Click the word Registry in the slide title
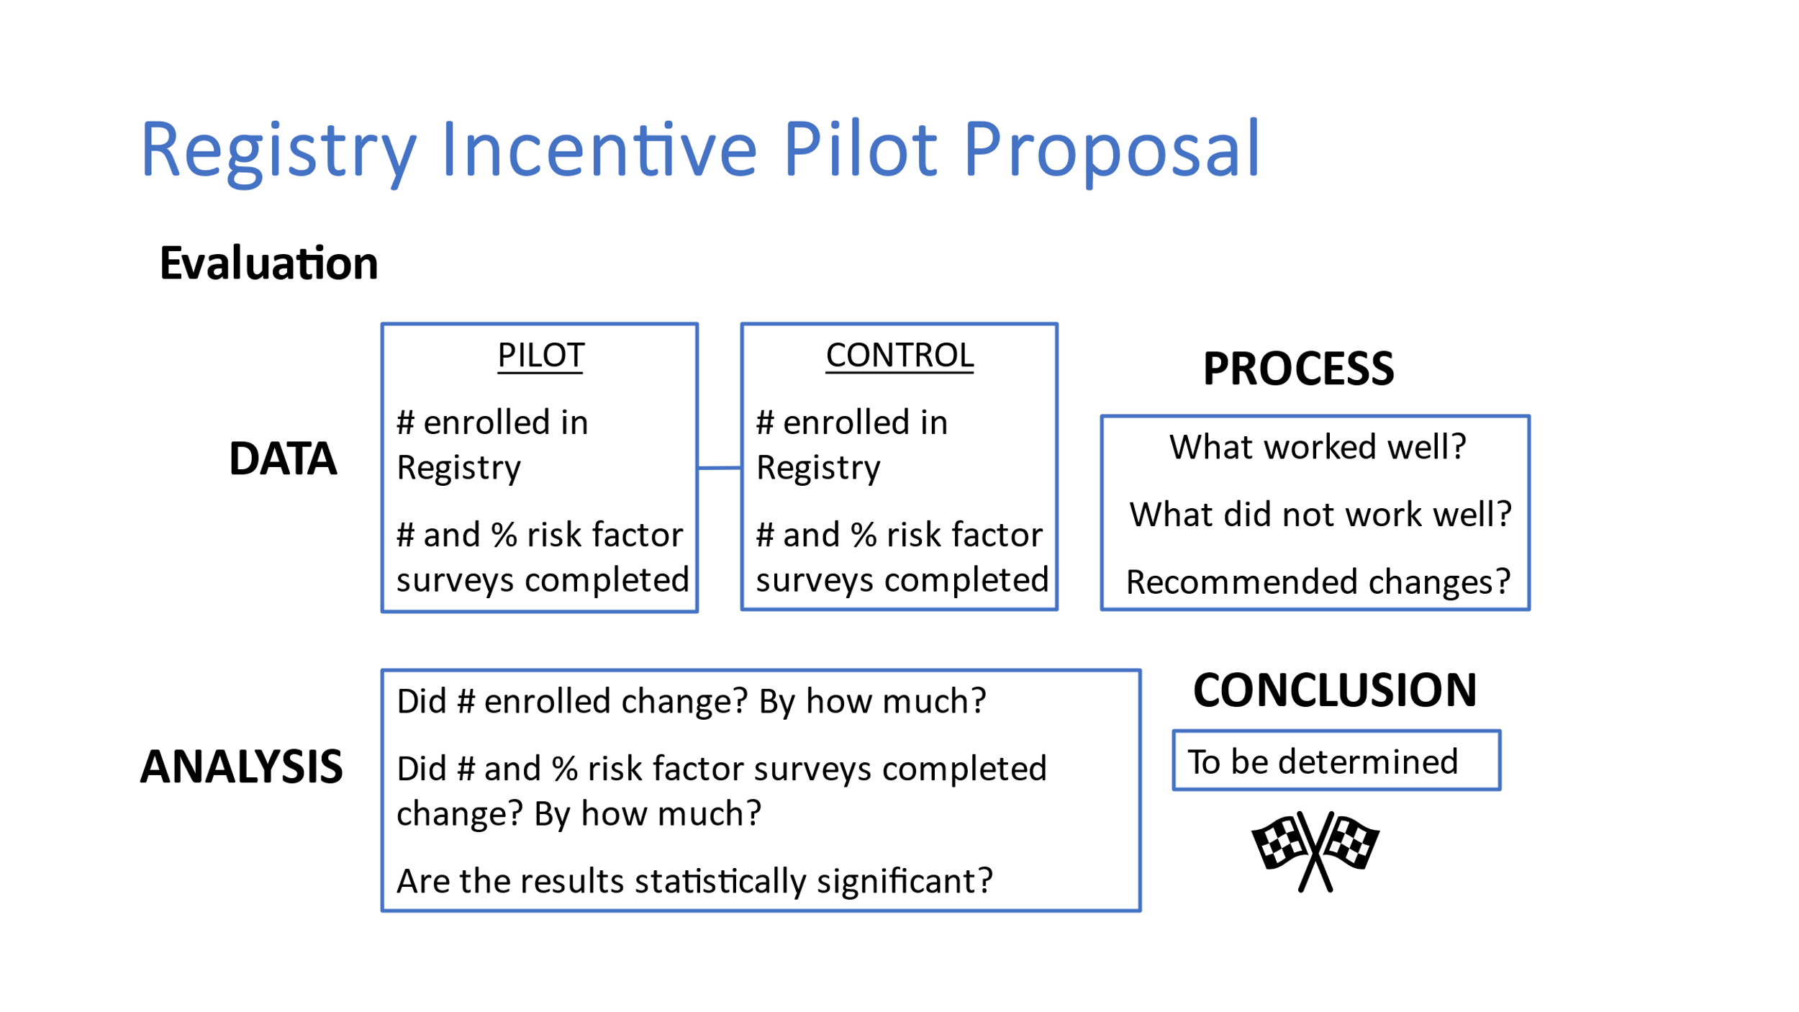pyautogui.click(x=278, y=153)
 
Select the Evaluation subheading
pyautogui.click(x=268, y=263)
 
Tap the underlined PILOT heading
pyautogui.click(x=540, y=356)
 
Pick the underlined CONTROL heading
pyautogui.click(x=899, y=356)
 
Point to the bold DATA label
pyautogui.click(x=283, y=458)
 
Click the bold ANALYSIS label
pyautogui.click(x=241, y=767)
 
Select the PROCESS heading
pyautogui.click(x=1298, y=369)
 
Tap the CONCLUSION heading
pyautogui.click(x=1335, y=690)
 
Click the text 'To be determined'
pyautogui.click(x=1323, y=762)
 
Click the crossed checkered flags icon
pyautogui.click(x=1315, y=851)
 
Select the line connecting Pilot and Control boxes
pyautogui.click(x=720, y=468)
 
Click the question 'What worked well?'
pyautogui.click(x=1318, y=447)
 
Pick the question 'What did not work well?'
pyautogui.click(x=1320, y=515)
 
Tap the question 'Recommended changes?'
pyautogui.click(x=1318, y=582)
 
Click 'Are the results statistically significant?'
pyautogui.click(x=694, y=881)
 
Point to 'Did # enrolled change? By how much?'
pyautogui.click(x=691, y=701)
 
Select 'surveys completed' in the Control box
pyautogui.click(x=902, y=580)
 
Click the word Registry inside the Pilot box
pyautogui.click(x=459, y=469)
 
